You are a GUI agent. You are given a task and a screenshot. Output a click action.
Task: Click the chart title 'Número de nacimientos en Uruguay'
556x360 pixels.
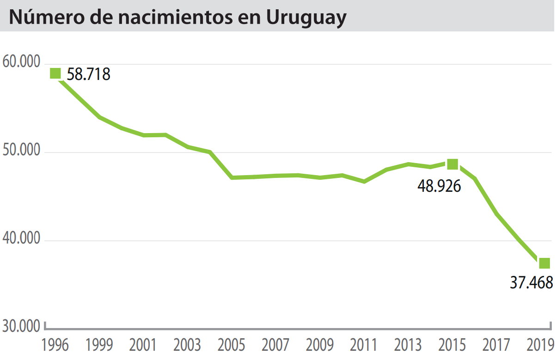coord(177,17)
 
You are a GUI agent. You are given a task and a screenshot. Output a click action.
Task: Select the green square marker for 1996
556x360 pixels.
coord(55,73)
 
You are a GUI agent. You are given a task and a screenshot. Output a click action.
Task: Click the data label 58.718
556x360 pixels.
coord(89,74)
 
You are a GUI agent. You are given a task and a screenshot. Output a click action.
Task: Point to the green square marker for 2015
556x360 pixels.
coord(452,164)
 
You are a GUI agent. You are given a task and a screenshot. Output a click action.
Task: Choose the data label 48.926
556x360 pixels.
coord(439,186)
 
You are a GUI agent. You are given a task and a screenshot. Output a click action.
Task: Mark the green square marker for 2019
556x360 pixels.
coord(544,263)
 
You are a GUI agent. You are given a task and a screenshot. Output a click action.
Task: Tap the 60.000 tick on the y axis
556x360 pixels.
coord(21,62)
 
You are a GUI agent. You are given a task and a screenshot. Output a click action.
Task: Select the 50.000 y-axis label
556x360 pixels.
coord(21,152)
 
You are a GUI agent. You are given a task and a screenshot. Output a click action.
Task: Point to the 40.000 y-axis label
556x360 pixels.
coord(21,240)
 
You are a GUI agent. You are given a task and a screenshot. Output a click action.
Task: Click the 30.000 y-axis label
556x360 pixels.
coord(21,326)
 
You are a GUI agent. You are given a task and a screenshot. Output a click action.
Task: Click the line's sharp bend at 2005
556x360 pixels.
coord(232,177)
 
